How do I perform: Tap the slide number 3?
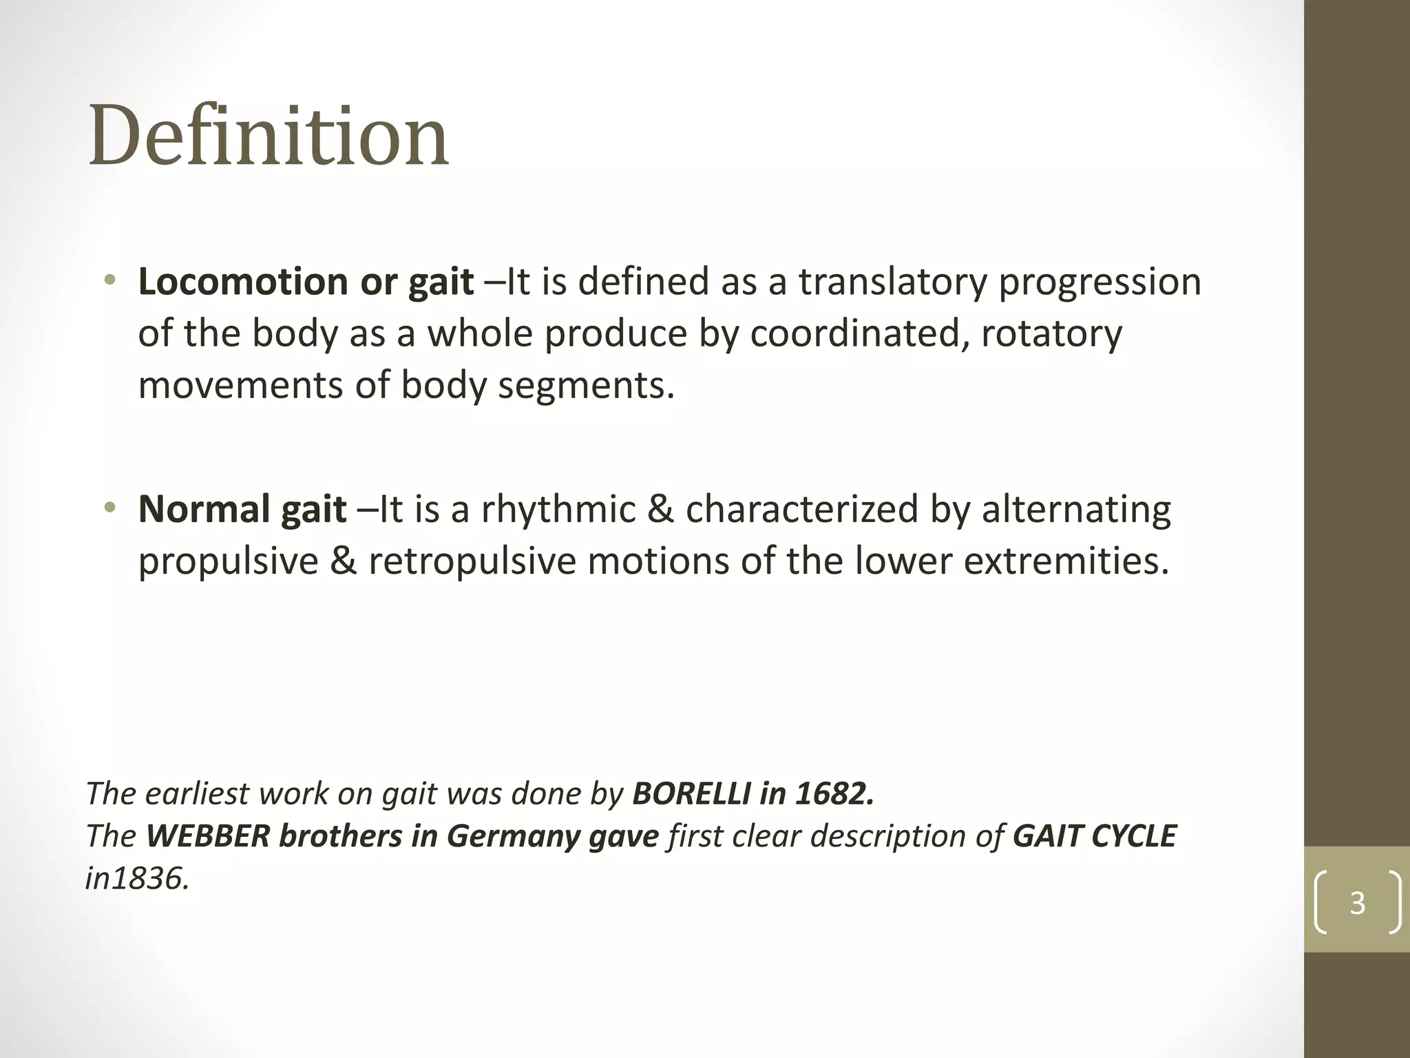pos(1357,902)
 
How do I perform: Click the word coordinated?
pos(860,334)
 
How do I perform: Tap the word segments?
pos(586,386)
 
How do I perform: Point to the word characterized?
pos(802,510)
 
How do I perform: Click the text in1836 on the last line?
pos(137,879)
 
